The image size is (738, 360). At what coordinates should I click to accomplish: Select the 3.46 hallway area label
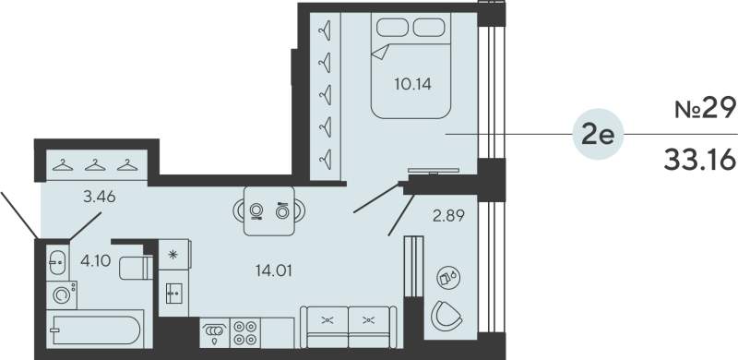click(x=99, y=195)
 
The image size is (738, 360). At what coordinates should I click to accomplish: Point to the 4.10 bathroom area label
click(x=95, y=260)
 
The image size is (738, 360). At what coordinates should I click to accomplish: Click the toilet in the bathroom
click(x=137, y=268)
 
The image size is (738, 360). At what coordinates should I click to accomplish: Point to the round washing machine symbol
click(x=61, y=296)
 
